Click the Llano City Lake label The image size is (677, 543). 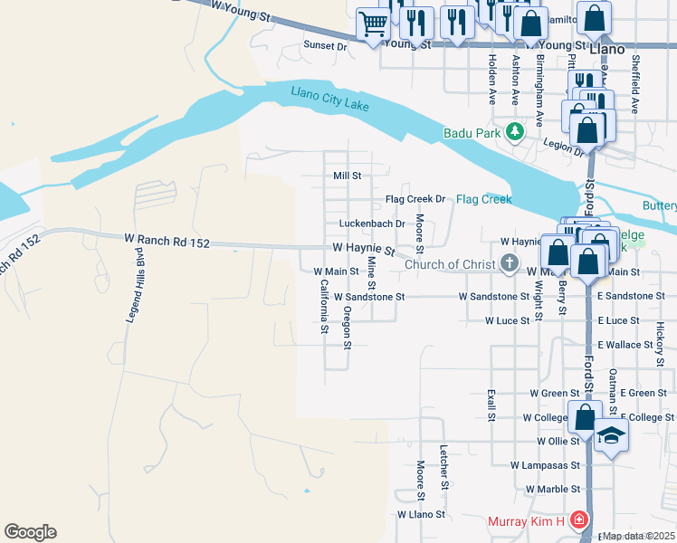[x=330, y=99]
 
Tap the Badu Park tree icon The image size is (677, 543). [x=515, y=132]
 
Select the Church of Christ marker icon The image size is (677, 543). [x=510, y=265]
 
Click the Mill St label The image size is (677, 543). [x=347, y=176]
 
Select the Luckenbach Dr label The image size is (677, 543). [x=365, y=224]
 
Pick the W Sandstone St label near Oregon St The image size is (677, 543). [x=368, y=296]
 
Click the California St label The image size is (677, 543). [x=323, y=305]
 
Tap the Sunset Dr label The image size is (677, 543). [x=325, y=44]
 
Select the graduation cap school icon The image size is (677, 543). [x=611, y=435]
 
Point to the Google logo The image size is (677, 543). [x=30, y=532]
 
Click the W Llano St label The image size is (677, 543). [x=422, y=514]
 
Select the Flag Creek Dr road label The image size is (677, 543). [x=415, y=199]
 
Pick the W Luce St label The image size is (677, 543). [x=507, y=321]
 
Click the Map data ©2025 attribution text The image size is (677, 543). [x=639, y=536]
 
